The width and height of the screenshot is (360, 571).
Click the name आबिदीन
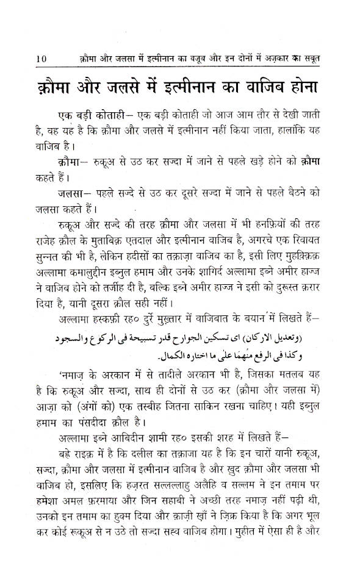(x=124, y=454)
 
